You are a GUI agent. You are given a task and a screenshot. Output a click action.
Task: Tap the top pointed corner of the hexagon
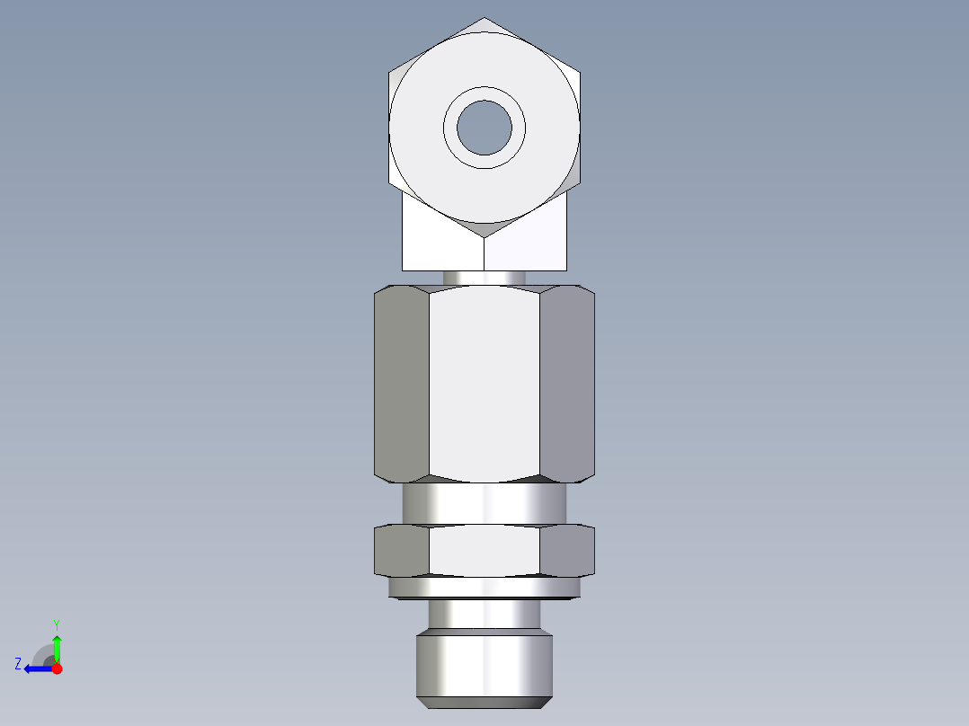pos(485,20)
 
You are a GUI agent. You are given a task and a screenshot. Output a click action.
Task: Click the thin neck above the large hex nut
pos(484,278)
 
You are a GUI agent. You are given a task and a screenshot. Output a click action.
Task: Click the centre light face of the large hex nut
pos(484,382)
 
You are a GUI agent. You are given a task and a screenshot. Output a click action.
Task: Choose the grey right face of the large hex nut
pos(567,382)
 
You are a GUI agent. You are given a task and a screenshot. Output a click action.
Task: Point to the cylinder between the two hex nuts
pos(484,504)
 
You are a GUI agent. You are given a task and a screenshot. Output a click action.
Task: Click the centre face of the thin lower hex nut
pos(484,550)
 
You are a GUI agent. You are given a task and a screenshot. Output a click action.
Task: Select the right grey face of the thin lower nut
pos(567,550)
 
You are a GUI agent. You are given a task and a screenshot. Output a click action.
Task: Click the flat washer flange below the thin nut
pos(484,588)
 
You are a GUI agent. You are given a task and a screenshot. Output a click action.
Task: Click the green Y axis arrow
pos(57,645)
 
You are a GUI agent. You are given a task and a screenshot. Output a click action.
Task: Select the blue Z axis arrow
pos(36,668)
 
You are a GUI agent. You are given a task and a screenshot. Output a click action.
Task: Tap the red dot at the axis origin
pos(57,668)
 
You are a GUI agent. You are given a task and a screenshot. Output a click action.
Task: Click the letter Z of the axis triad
pos(18,664)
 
